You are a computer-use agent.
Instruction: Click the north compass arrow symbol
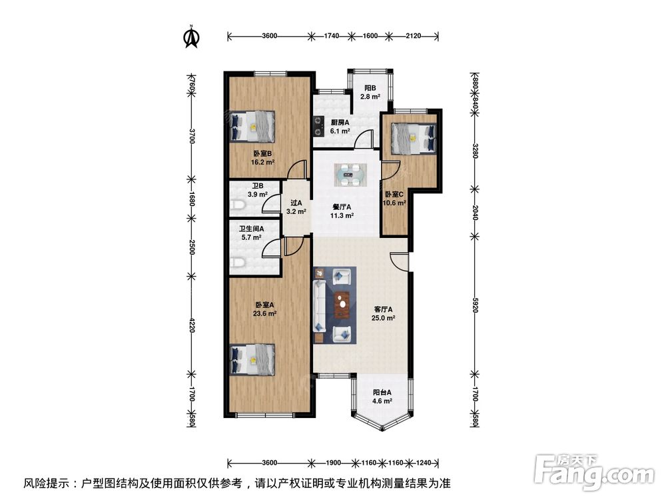[x=191, y=37]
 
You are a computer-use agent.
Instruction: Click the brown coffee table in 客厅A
[x=343, y=305]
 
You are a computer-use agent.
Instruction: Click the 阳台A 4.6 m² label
[x=382, y=397]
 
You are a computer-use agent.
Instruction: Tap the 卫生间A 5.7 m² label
[x=252, y=233]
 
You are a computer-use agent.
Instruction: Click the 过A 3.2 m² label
[x=296, y=208]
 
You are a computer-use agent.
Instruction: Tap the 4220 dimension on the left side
[x=191, y=325]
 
